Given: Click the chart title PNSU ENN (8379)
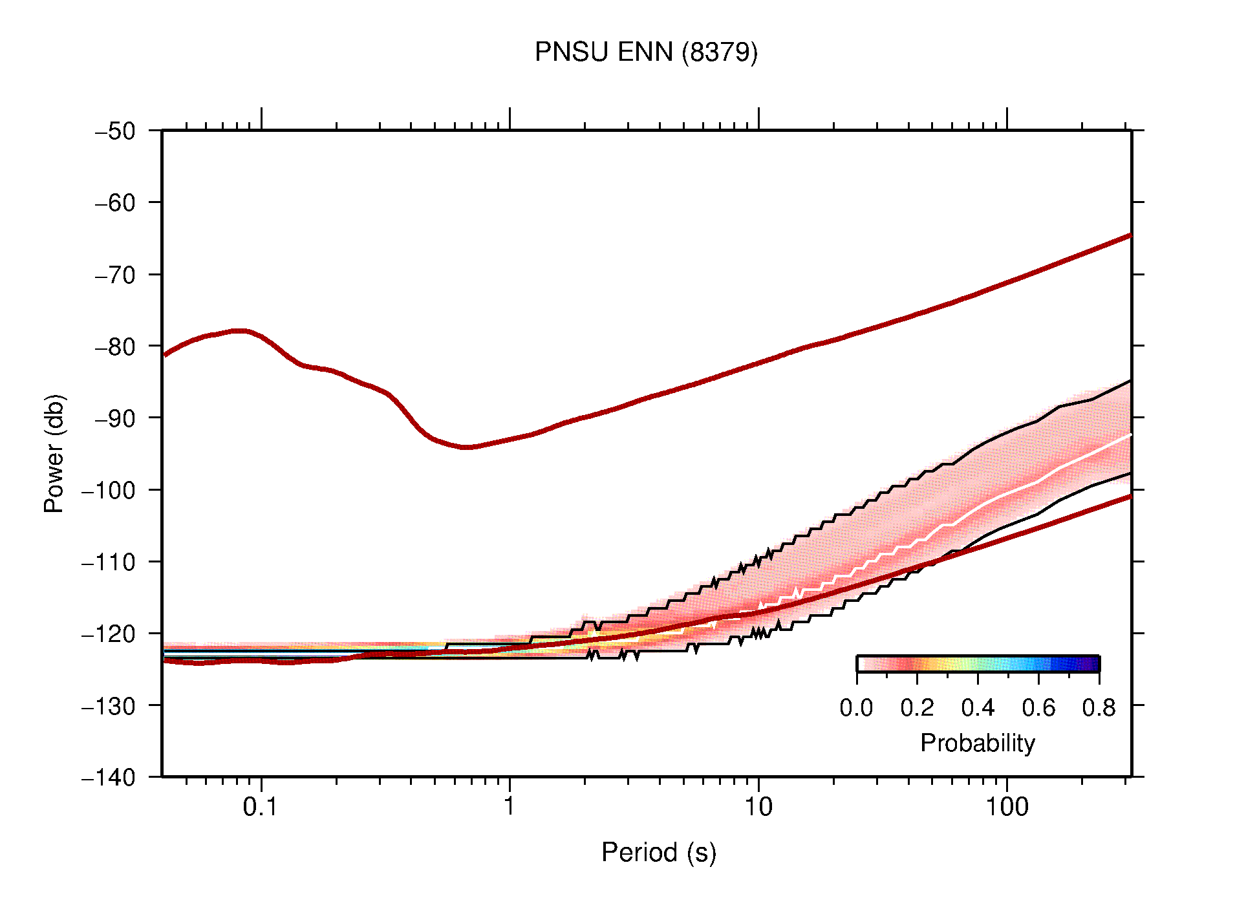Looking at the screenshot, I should click(x=645, y=52).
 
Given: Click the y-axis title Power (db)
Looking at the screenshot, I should click(x=54, y=453).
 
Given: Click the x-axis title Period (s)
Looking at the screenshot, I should click(x=658, y=853).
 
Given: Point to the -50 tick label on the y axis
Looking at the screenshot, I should click(x=115, y=131).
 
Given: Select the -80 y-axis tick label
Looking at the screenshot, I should click(x=115, y=347).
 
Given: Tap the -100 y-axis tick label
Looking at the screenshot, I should click(x=109, y=490).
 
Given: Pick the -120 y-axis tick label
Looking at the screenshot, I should click(x=109, y=634).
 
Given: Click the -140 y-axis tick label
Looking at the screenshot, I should click(x=109, y=777).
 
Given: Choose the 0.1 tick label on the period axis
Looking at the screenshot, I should click(x=260, y=807).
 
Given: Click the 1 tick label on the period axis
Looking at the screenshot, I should click(x=510, y=807).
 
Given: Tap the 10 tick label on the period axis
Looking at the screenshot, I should click(x=758, y=807).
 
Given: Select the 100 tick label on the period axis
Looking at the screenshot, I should click(x=1006, y=807).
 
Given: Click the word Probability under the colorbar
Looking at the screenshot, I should click(x=977, y=743).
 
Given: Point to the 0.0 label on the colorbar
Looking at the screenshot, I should click(x=856, y=708).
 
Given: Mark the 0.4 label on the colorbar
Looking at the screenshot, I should click(x=978, y=708).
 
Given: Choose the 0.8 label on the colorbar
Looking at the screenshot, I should click(x=1099, y=708).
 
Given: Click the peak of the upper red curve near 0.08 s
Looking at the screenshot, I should click(x=239, y=330).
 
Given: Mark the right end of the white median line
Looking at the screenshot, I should click(x=1130, y=435).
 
